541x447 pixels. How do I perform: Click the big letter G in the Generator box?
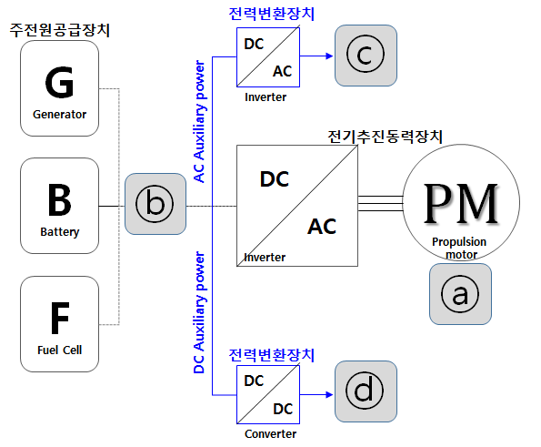(x=59, y=82)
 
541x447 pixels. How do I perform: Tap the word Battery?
(x=60, y=232)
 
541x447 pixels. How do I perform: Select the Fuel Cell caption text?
(x=60, y=350)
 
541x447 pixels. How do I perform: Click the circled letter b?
(x=155, y=204)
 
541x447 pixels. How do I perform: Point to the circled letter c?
(x=365, y=54)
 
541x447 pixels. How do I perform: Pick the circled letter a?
(x=460, y=294)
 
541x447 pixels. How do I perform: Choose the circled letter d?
(x=365, y=391)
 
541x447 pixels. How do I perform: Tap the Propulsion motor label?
(x=459, y=248)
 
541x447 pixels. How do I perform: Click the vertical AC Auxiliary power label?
(x=199, y=121)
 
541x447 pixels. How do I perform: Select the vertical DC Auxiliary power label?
(x=199, y=312)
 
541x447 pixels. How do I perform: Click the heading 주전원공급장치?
(x=60, y=30)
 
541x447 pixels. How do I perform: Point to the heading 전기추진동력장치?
(x=385, y=137)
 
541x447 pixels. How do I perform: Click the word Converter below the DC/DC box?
(x=271, y=434)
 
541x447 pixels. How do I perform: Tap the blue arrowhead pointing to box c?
(x=329, y=56)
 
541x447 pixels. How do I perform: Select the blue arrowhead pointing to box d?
(x=329, y=394)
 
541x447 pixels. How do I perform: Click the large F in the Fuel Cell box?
(x=60, y=318)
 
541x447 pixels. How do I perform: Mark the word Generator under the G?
(x=60, y=115)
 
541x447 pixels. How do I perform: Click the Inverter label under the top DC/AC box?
(x=265, y=97)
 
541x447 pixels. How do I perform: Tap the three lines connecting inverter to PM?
(x=381, y=203)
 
